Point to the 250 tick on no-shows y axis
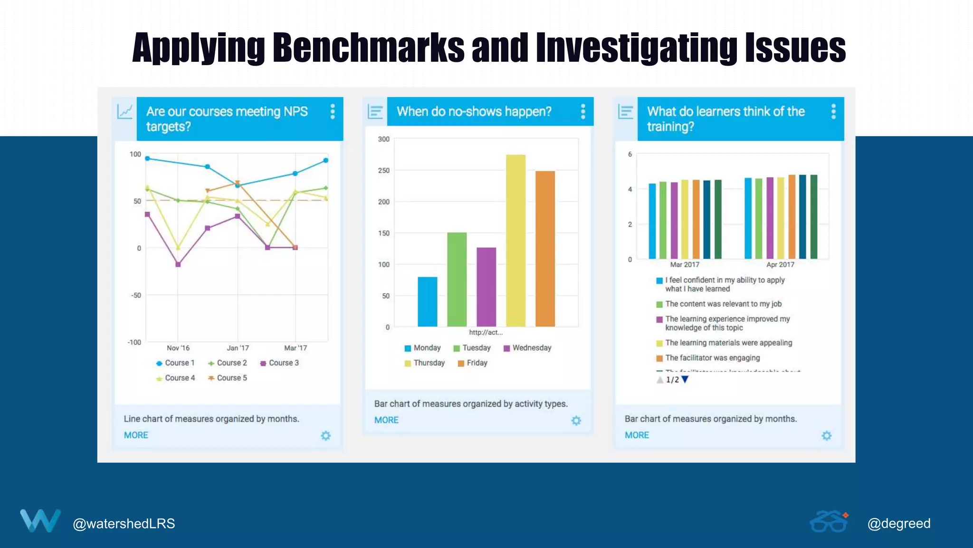click(x=383, y=170)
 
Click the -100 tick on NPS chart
click(x=134, y=342)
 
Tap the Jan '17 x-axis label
click(x=238, y=348)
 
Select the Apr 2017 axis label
click(x=780, y=264)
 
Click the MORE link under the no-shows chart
click(x=386, y=420)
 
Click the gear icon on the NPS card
click(x=325, y=436)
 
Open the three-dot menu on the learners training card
click(x=833, y=111)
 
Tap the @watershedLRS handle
click(x=124, y=524)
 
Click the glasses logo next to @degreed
click(x=829, y=522)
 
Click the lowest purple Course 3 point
click(x=178, y=264)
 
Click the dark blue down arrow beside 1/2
click(x=685, y=380)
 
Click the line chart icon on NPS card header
click(x=124, y=111)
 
